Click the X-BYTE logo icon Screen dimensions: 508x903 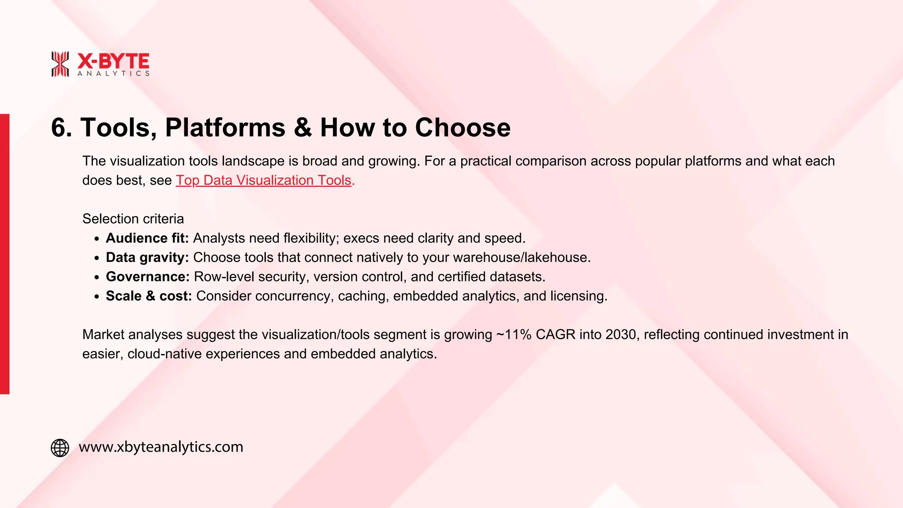click(60, 64)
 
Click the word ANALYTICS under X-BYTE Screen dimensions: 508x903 click(113, 74)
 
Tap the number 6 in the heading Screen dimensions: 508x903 click(59, 128)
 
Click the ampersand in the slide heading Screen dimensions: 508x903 click(302, 128)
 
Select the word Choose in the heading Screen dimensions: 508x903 click(463, 128)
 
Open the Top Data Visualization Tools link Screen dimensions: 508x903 click(264, 180)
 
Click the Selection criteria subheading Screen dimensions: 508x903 click(133, 219)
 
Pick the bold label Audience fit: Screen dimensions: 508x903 click(147, 238)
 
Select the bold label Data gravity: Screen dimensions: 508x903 click(147, 258)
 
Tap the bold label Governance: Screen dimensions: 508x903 click(148, 277)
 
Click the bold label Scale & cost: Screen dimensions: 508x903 click(149, 296)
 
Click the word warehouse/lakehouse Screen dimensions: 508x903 click(521, 258)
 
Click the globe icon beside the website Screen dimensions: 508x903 click(60, 448)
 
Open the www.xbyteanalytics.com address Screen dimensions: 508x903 click(161, 447)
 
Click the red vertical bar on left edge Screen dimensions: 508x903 click(4, 254)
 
